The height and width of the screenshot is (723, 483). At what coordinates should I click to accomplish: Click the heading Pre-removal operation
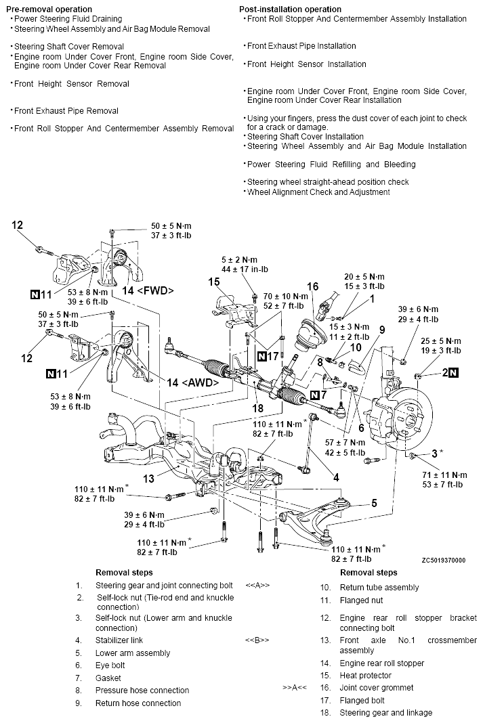(x=49, y=9)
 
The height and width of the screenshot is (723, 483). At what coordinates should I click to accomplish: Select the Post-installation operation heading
(x=291, y=9)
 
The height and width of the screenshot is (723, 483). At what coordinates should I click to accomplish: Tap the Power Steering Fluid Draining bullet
(x=68, y=19)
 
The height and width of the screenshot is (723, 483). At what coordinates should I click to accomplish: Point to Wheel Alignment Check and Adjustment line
(x=318, y=192)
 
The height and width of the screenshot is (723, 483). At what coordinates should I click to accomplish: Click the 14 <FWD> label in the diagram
(x=148, y=290)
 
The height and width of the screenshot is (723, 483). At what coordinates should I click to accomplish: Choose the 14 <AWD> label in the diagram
(x=193, y=382)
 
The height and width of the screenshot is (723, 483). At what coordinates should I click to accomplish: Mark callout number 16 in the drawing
(x=312, y=286)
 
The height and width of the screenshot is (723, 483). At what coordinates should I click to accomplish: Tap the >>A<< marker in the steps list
(x=295, y=688)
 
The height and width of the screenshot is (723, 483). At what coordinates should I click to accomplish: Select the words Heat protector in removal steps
(x=365, y=676)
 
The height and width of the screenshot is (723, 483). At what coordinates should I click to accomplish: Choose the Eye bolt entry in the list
(x=110, y=665)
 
